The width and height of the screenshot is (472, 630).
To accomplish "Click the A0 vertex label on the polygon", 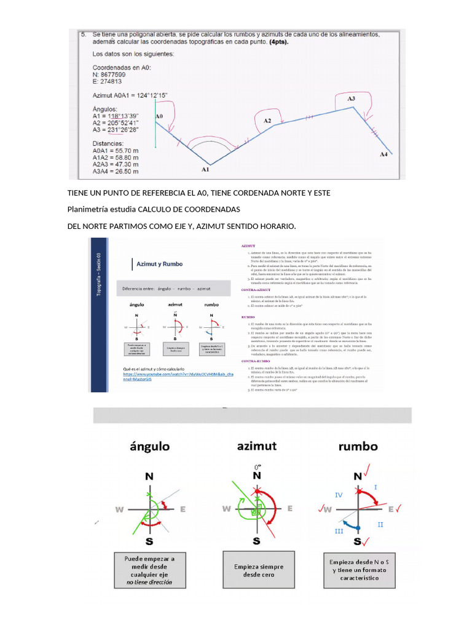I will point(159,116).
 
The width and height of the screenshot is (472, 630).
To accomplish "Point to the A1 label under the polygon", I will point(206,169).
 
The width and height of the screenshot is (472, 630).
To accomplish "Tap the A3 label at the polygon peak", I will point(351,98).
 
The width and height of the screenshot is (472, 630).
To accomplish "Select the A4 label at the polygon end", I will point(383,154).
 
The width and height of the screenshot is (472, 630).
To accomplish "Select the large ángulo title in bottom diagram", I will point(150,446).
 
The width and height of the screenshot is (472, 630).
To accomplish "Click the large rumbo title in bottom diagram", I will point(358,446).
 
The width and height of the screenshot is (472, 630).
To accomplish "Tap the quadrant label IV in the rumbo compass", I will point(339,495).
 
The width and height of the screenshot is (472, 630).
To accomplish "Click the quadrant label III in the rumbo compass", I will point(339,530).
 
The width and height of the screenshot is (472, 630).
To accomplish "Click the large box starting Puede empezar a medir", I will point(149,570).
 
